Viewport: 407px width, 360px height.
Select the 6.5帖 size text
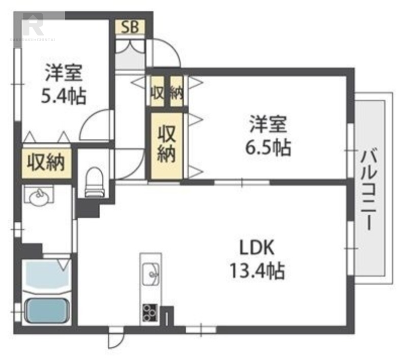point(269,147)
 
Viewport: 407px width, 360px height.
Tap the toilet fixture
point(94,182)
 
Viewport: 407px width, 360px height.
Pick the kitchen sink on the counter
point(151,275)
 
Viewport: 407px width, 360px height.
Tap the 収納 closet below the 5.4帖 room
point(46,163)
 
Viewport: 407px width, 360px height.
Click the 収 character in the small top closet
point(157,92)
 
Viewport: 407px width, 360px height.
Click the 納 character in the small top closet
point(176,92)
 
